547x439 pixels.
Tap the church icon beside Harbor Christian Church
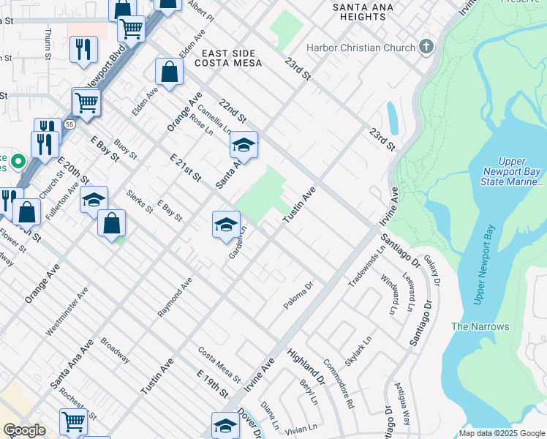point(426,48)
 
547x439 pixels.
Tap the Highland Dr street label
point(306,366)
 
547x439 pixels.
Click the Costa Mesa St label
point(219,364)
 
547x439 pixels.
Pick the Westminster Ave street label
point(67,310)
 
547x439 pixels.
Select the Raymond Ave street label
point(175,297)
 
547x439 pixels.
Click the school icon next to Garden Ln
point(226,224)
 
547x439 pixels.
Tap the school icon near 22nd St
point(244,144)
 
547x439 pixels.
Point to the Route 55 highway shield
point(67,125)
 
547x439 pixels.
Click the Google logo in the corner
point(24,430)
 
